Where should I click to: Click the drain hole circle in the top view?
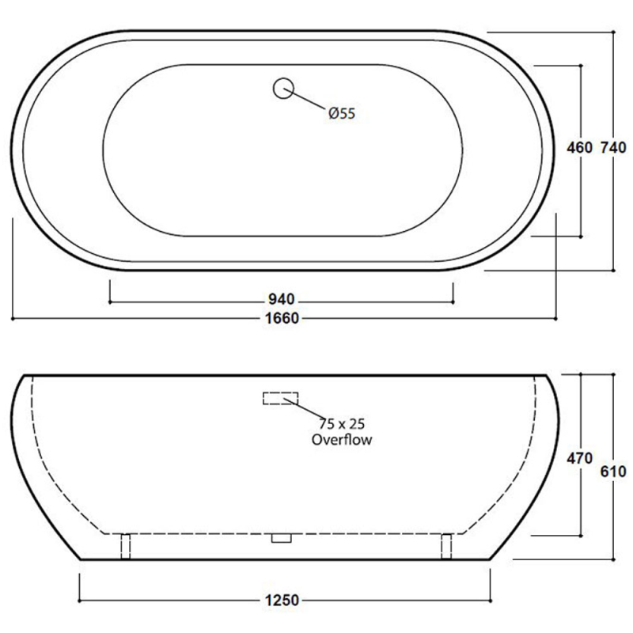point(282,88)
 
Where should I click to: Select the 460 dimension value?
point(580,147)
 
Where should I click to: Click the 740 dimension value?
point(614,147)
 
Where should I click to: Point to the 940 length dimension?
point(281,299)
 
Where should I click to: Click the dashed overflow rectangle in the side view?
point(281,397)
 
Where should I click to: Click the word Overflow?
point(341,439)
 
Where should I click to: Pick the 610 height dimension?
point(614,472)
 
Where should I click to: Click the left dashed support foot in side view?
point(124,546)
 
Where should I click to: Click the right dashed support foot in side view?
point(445,546)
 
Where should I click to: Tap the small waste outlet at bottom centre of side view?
point(281,538)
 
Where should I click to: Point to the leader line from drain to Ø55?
point(309,100)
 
